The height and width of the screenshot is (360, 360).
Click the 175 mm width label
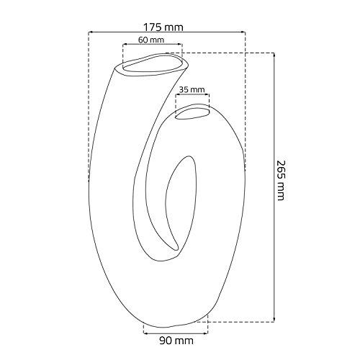pos(163,27)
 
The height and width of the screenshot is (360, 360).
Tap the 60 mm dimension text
pos(151,40)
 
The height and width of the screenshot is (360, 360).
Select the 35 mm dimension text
pos(192,90)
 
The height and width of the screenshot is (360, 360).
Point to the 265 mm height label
pos(280,180)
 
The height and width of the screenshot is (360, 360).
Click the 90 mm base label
pos(176,341)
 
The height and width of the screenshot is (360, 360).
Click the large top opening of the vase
pos(152,64)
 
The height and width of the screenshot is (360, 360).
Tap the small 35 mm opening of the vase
pos(192,113)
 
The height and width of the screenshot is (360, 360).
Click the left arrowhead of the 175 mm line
pos(90,32)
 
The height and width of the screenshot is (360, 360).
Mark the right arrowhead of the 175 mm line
pos(243,32)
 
